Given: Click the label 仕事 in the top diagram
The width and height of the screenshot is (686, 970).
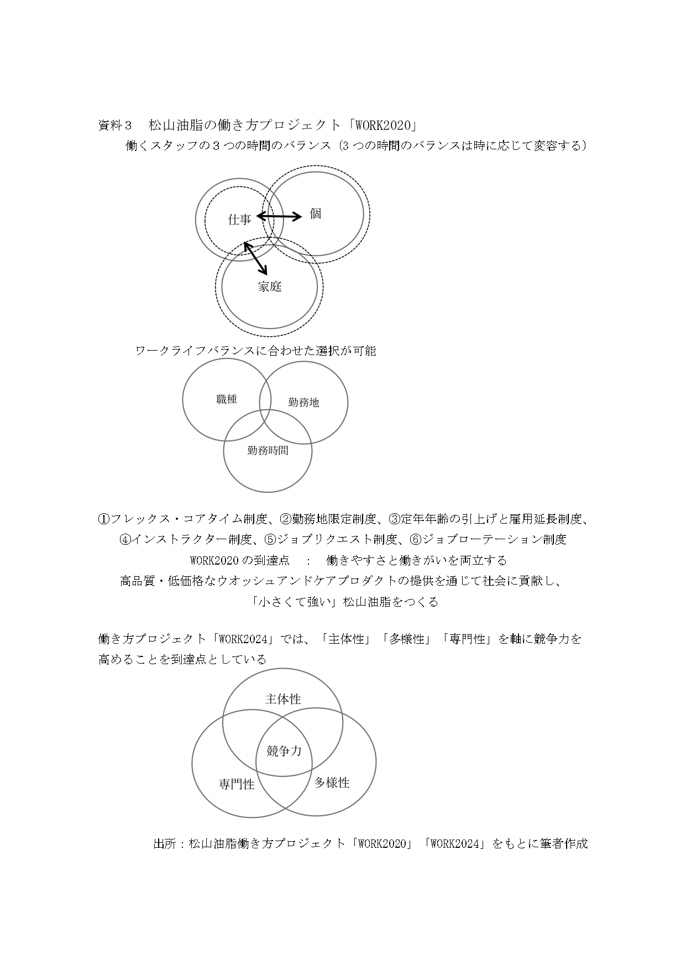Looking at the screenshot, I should [239, 220].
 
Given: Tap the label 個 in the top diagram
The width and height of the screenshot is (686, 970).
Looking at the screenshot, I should [316, 214].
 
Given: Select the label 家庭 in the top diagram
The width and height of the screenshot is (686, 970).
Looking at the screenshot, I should [270, 286].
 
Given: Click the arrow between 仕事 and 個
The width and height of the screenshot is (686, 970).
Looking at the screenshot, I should [279, 216].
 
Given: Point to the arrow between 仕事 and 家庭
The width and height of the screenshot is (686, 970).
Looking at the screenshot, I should [256, 258].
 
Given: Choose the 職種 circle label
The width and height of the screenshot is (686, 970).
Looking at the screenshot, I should [227, 399].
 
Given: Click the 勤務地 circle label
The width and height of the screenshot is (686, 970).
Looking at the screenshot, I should [303, 403].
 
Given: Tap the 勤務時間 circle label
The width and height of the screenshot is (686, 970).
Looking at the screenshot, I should [268, 450].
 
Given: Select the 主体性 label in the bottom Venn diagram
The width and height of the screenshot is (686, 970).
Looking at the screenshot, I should [283, 699].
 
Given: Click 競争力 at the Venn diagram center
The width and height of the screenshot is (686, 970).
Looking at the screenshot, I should [284, 750].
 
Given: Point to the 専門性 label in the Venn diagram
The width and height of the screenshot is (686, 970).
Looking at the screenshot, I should [237, 784].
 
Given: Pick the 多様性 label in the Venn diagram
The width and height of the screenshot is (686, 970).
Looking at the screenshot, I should [332, 783].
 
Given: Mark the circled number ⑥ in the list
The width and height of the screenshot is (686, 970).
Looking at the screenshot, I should [416, 539].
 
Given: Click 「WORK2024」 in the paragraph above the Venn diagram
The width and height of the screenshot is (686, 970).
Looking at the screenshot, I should [243, 639].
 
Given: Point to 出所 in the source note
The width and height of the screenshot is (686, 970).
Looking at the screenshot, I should [164, 844].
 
